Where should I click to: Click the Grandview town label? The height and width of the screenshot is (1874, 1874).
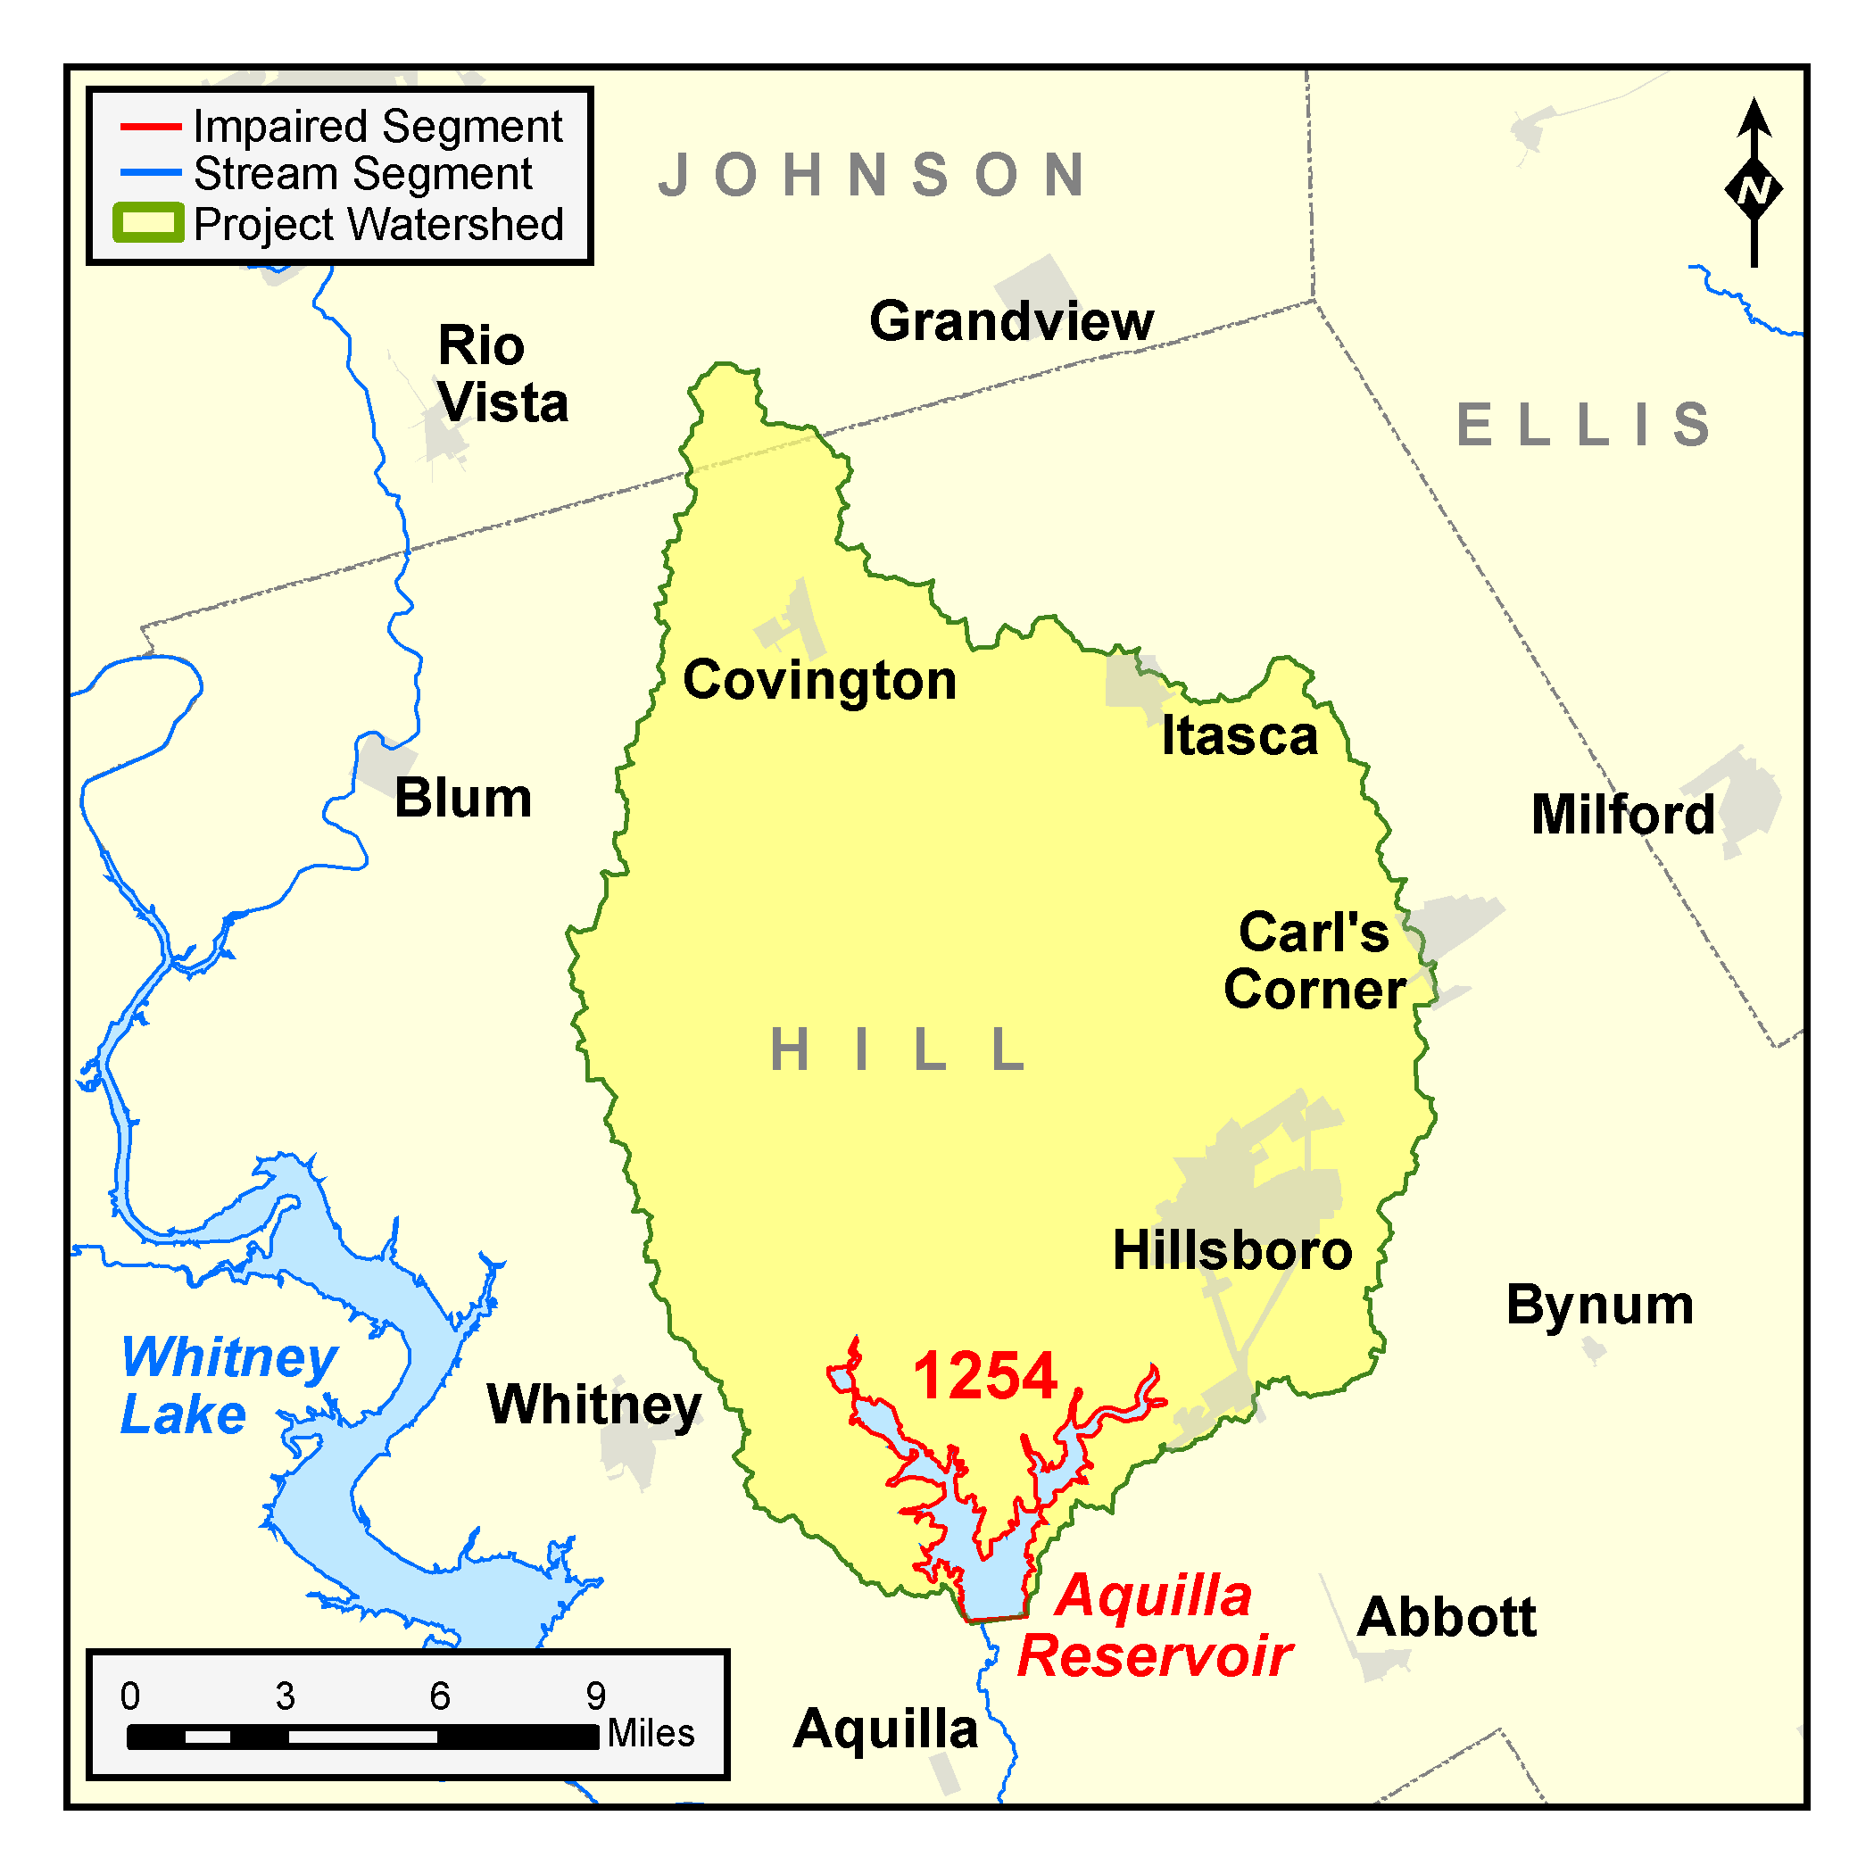1011,321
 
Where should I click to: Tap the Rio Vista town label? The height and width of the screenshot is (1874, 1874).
502,375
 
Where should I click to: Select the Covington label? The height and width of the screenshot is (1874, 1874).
819,680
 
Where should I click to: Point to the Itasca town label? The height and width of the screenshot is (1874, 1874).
1240,735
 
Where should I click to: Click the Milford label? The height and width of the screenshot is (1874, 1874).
1621,814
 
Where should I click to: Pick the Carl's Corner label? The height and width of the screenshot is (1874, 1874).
1314,960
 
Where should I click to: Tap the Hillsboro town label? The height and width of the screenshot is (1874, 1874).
1231,1249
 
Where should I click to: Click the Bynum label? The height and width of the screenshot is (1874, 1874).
1599,1304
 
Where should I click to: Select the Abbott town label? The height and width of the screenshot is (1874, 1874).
1447,1616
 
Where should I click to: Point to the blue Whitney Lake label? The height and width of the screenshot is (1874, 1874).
229,1385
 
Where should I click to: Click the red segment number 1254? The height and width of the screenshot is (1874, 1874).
984,1375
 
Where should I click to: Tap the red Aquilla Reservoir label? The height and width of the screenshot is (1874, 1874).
1154,1626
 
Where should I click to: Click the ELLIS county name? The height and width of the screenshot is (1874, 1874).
1583,425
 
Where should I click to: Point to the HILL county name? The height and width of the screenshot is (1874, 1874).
897,1049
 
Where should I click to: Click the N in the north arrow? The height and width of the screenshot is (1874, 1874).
1754,189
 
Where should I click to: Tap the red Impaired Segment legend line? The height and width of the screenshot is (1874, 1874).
150,127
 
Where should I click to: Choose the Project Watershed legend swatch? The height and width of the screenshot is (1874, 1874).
147,223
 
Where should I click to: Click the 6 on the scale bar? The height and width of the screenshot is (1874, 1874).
439,1696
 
